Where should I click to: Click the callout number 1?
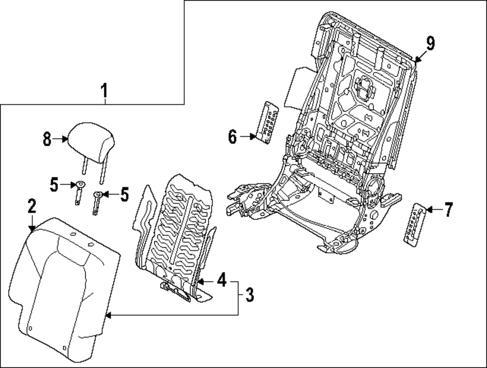coord(104,91)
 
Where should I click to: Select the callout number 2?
coord(31,207)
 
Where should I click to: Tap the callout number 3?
coord(249,294)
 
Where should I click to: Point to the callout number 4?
coord(221,280)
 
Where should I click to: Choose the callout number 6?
coord(232,137)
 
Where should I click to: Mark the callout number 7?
coord(448,210)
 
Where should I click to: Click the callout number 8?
coord(47,139)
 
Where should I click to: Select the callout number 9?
coord(430,43)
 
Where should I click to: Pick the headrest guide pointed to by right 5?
coord(97,201)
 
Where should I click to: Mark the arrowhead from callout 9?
coord(416,61)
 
